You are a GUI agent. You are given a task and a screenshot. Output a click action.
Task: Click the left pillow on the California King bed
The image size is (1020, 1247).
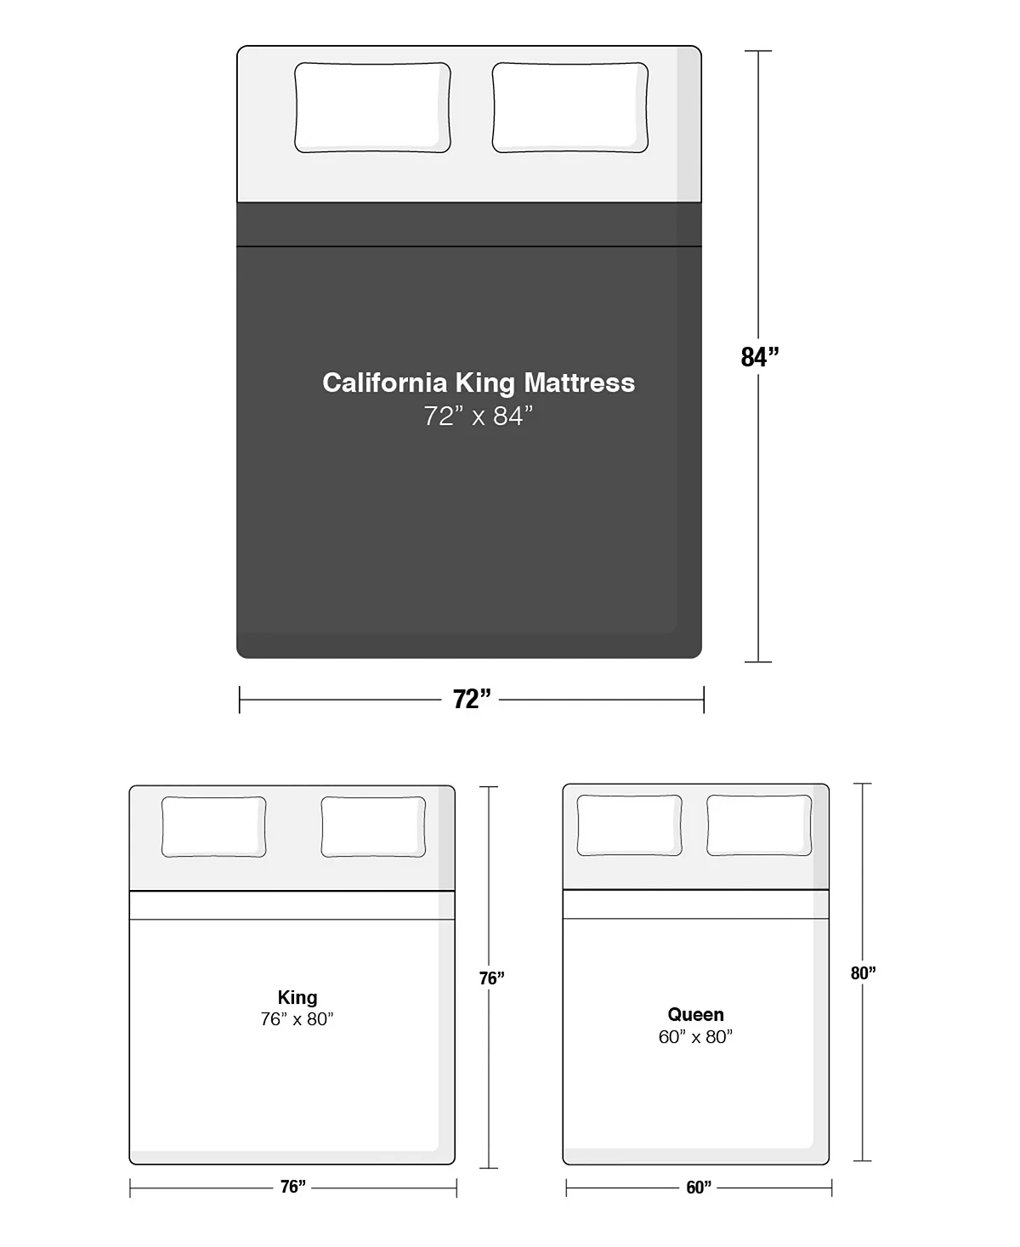tap(372, 108)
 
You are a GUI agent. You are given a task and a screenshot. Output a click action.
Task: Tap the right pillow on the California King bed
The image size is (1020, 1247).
tap(569, 108)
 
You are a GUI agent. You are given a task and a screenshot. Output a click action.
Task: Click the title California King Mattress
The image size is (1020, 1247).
tap(479, 383)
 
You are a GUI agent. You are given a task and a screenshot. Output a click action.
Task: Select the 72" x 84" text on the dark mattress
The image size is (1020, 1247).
tap(479, 417)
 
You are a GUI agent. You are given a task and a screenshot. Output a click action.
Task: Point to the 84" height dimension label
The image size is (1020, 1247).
tap(759, 357)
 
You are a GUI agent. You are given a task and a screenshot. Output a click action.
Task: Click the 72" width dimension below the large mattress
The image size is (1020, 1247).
tap(472, 700)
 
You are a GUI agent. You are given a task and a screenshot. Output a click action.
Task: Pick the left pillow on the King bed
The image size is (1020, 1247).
tap(213, 826)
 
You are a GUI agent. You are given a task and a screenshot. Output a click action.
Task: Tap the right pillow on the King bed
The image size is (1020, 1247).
tap(373, 826)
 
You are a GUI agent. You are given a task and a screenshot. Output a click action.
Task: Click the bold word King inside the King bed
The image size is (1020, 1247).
tap(297, 998)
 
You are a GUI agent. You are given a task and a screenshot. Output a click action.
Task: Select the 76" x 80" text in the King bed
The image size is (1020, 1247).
tap(297, 1019)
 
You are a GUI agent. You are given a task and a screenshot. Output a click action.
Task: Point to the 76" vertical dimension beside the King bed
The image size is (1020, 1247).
tap(491, 978)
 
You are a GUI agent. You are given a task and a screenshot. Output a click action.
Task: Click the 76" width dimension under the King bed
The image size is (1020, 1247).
tap(293, 1187)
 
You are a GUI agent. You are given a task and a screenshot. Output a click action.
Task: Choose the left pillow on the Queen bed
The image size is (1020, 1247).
tap(629, 825)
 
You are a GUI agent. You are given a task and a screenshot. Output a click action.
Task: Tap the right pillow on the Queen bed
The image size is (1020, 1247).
tap(759, 825)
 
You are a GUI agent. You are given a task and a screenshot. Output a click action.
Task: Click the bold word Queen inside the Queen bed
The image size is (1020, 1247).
tap(695, 1014)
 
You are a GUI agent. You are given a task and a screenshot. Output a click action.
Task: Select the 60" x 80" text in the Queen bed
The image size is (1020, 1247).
tap(695, 1036)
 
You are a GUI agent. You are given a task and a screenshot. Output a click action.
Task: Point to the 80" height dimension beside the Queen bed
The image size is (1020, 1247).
tap(864, 973)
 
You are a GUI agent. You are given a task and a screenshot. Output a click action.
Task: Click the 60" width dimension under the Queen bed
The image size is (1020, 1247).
tap(699, 1187)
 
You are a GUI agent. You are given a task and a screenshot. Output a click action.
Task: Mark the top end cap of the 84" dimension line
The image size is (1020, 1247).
tap(758, 52)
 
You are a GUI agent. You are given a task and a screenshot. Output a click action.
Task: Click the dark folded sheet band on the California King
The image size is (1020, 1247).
tap(469, 224)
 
